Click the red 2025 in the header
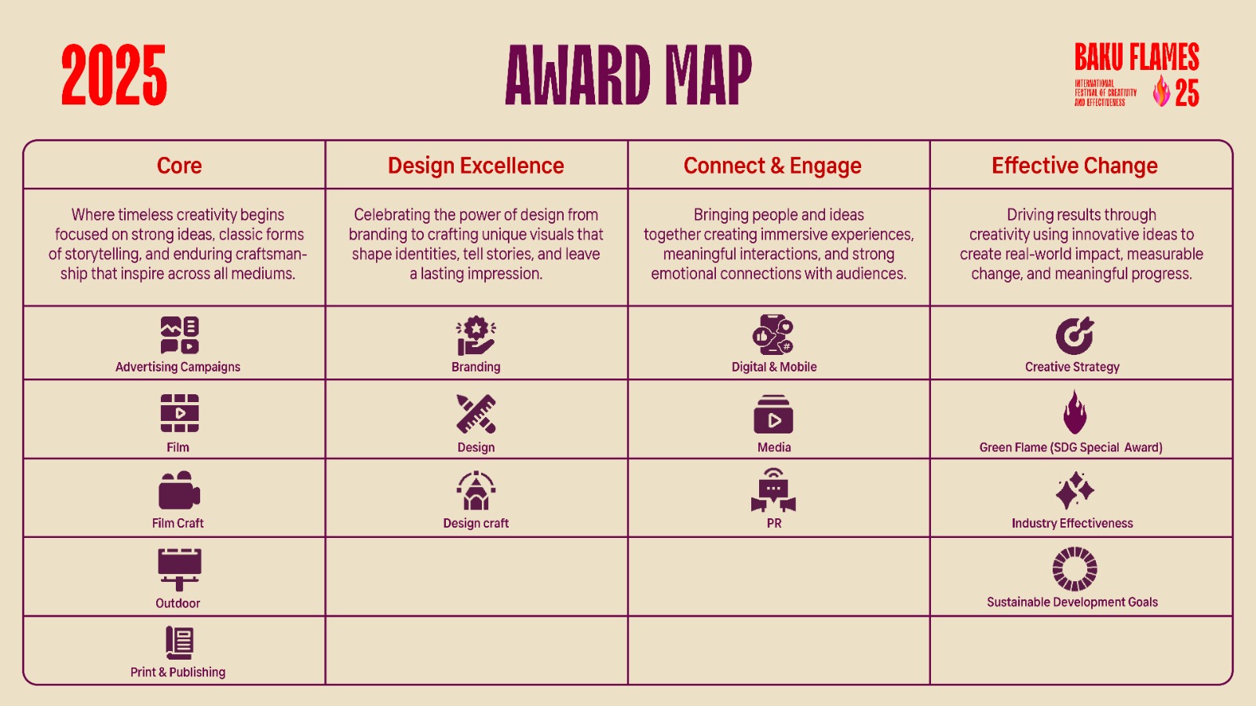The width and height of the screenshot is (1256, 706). pyautogui.click(x=114, y=75)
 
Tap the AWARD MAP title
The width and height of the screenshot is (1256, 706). pyautogui.click(x=628, y=75)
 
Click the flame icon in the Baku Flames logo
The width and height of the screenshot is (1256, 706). pyautogui.click(x=1161, y=91)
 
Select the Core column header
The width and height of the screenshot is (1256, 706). pyautogui.click(x=179, y=166)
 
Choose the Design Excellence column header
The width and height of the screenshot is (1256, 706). pyautogui.click(x=476, y=166)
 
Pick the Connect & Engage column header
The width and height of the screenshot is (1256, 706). pyautogui.click(x=772, y=166)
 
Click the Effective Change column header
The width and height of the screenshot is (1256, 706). pyautogui.click(x=1075, y=166)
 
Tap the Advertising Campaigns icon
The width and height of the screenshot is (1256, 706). pyautogui.click(x=180, y=335)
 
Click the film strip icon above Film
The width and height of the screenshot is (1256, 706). pyautogui.click(x=180, y=413)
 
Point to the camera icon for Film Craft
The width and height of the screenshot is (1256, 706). pyautogui.click(x=180, y=490)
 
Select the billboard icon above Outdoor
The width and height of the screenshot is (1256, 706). pyautogui.click(x=180, y=569)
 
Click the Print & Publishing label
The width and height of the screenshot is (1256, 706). pyautogui.click(x=177, y=671)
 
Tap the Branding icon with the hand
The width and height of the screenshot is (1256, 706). pyautogui.click(x=476, y=335)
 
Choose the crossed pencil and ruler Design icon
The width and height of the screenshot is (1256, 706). pyautogui.click(x=476, y=414)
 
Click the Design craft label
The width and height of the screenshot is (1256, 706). pyautogui.click(x=476, y=523)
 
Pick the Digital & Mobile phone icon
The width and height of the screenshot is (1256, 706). pyautogui.click(x=773, y=335)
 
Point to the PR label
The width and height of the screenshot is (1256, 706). pyautogui.click(x=774, y=523)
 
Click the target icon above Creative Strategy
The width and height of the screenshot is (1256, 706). pyautogui.click(x=1075, y=335)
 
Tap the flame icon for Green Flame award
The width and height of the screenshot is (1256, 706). pyautogui.click(x=1075, y=413)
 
